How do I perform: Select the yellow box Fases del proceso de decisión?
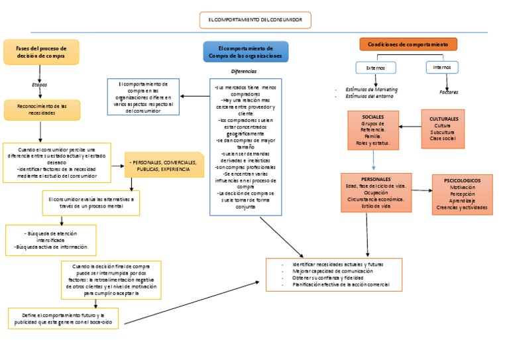[x=41, y=52]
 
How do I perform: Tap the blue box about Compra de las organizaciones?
[x=245, y=52]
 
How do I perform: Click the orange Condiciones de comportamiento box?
[x=408, y=44]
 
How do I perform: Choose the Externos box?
[x=375, y=68]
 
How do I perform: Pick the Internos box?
[x=442, y=67]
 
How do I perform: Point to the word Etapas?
[x=40, y=85]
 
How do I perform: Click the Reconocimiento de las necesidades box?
[x=42, y=109]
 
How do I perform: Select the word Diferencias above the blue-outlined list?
[x=244, y=71]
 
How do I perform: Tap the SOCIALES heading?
[x=372, y=117]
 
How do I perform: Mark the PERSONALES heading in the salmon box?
[x=376, y=179]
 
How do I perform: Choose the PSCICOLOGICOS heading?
[x=462, y=180]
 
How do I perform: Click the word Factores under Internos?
[x=449, y=92]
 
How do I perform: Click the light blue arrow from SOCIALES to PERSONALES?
[x=374, y=161]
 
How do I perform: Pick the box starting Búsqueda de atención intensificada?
[x=50, y=240]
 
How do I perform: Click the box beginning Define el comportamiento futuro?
[x=64, y=318]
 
